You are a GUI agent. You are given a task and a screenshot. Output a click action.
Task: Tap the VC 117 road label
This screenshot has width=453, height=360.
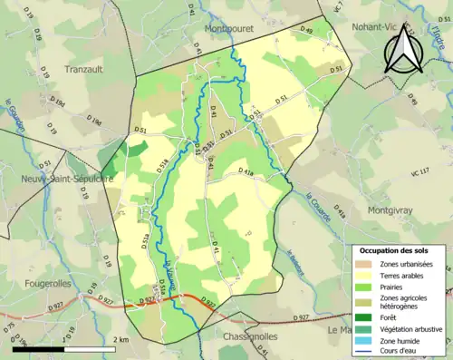pyautogui.click(x=419, y=171)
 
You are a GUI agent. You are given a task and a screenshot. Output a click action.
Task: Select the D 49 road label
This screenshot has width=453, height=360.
pyautogui.click(x=306, y=32)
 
